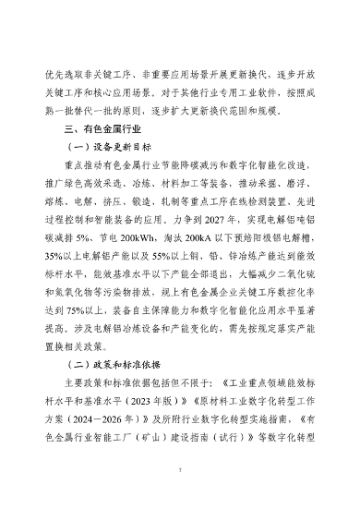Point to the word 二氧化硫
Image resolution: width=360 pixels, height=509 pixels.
pos(299,292)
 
